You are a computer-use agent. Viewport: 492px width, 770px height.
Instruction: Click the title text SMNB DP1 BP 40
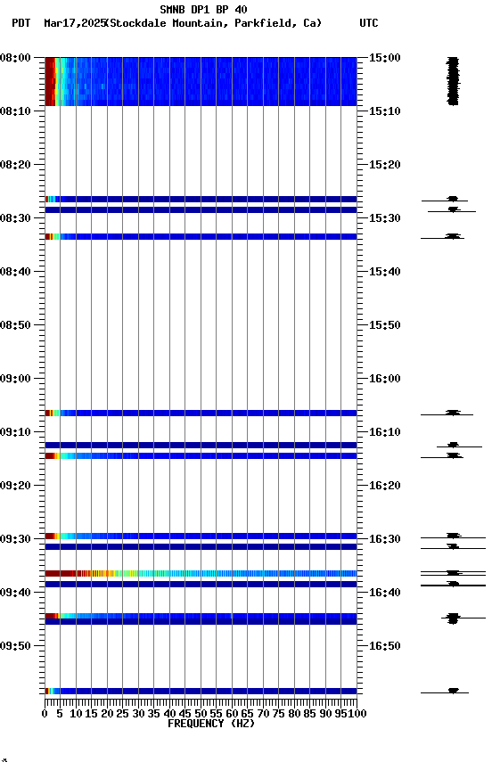(203, 10)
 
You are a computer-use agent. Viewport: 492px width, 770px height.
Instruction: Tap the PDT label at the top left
(20, 23)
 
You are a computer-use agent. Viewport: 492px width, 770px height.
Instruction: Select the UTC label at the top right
(369, 23)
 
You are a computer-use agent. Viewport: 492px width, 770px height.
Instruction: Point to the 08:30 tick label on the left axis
(18, 218)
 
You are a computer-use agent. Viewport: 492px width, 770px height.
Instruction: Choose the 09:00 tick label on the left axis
(18, 379)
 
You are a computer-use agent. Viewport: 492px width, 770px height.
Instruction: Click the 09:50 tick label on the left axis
(18, 646)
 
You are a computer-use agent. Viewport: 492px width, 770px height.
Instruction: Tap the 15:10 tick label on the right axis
(385, 111)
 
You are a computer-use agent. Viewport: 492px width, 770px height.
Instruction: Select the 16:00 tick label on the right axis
(385, 379)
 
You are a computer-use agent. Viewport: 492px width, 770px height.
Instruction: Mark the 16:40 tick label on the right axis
(385, 593)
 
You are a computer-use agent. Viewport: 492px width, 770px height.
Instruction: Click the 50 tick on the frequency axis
(201, 713)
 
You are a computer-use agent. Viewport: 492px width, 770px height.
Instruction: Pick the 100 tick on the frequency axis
(357, 713)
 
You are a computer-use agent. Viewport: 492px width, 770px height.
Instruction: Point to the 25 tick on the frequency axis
(123, 713)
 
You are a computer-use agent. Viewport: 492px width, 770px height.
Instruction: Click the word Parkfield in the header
(265, 23)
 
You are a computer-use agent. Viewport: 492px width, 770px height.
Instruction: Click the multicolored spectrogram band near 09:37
(201, 573)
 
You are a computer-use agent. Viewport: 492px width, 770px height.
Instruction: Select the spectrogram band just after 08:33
(201, 237)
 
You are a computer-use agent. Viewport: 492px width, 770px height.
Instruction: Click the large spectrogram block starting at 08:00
(201, 81)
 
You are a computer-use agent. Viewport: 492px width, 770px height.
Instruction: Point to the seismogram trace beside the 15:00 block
(453, 81)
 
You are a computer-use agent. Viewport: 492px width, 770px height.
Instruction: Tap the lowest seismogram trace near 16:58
(453, 691)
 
